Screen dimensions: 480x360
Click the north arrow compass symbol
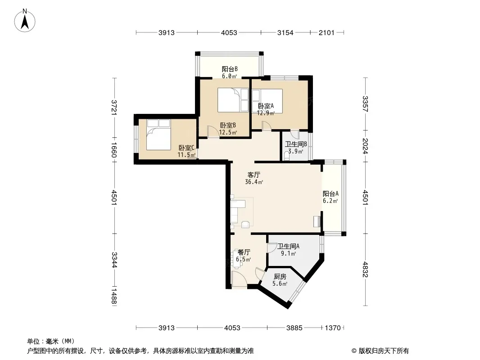(x=25, y=21)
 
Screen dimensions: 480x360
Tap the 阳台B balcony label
(x=230, y=69)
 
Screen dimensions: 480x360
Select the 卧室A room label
(x=266, y=106)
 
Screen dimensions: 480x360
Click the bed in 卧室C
(x=158, y=135)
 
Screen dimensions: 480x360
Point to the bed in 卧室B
(x=233, y=100)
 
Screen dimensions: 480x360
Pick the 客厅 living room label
(x=254, y=175)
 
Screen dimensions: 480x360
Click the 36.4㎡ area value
(x=254, y=182)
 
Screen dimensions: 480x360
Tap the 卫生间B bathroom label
(x=296, y=144)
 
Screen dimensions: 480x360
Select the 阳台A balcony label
(x=331, y=193)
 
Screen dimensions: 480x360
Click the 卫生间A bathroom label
(x=288, y=246)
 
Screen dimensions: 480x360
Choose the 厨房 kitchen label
(x=280, y=276)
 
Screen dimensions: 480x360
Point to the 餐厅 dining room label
(x=244, y=252)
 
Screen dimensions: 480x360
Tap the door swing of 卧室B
(x=213, y=132)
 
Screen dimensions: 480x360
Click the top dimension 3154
(x=285, y=32)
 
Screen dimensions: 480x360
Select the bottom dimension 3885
(x=294, y=328)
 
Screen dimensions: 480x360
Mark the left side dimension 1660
(x=114, y=150)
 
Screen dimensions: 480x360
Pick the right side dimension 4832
(x=365, y=270)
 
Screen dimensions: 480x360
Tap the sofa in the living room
(x=238, y=211)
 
